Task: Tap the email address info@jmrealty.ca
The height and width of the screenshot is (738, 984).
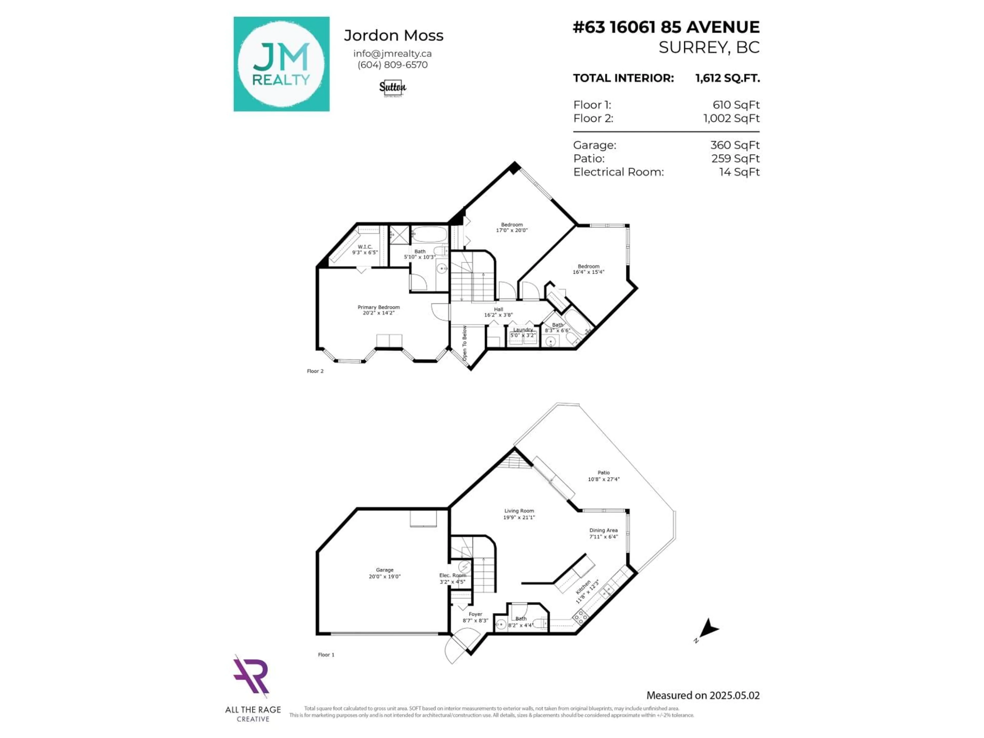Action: tap(392, 53)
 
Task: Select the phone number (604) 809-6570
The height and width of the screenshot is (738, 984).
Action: tap(392, 65)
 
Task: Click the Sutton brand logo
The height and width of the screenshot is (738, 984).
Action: tap(392, 88)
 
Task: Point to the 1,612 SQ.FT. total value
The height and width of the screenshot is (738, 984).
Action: tap(727, 78)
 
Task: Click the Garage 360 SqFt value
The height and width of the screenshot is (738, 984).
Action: tap(735, 145)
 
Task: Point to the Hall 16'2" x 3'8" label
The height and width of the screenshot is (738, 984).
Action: tap(498, 312)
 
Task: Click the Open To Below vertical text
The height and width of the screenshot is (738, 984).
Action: tap(464, 343)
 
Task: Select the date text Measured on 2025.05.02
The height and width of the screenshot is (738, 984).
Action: tap(703, 695)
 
